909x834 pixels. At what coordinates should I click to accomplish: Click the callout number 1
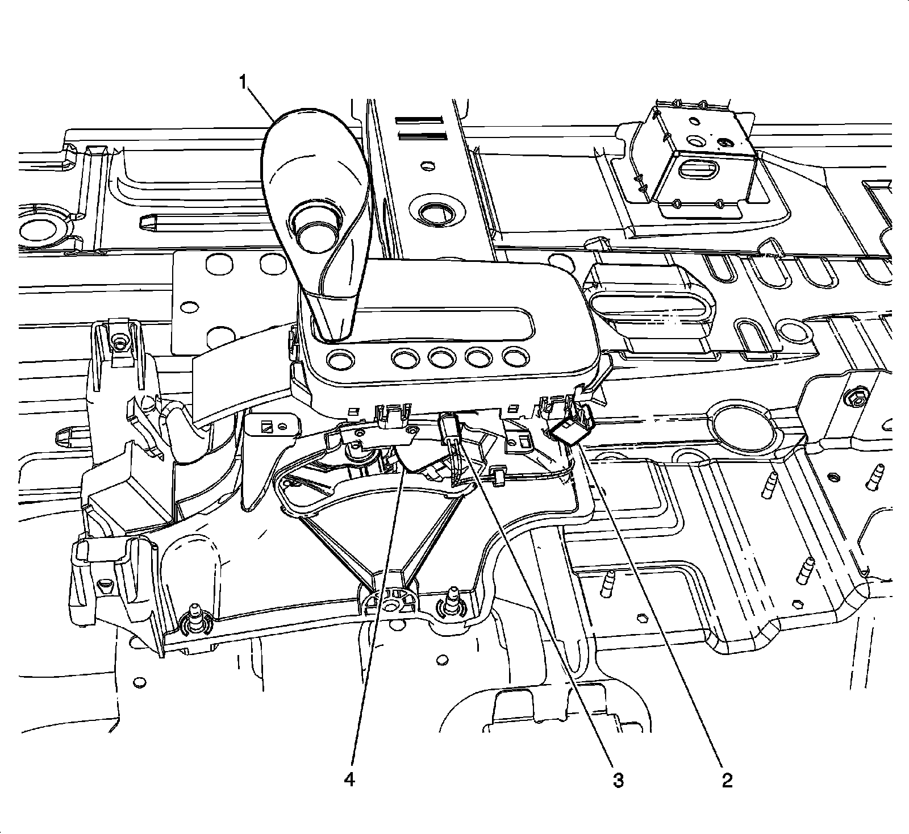coord(243,84)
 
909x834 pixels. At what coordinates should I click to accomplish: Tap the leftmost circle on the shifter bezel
coord(340,358)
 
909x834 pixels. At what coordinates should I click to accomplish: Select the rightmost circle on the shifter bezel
coord(514,358)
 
